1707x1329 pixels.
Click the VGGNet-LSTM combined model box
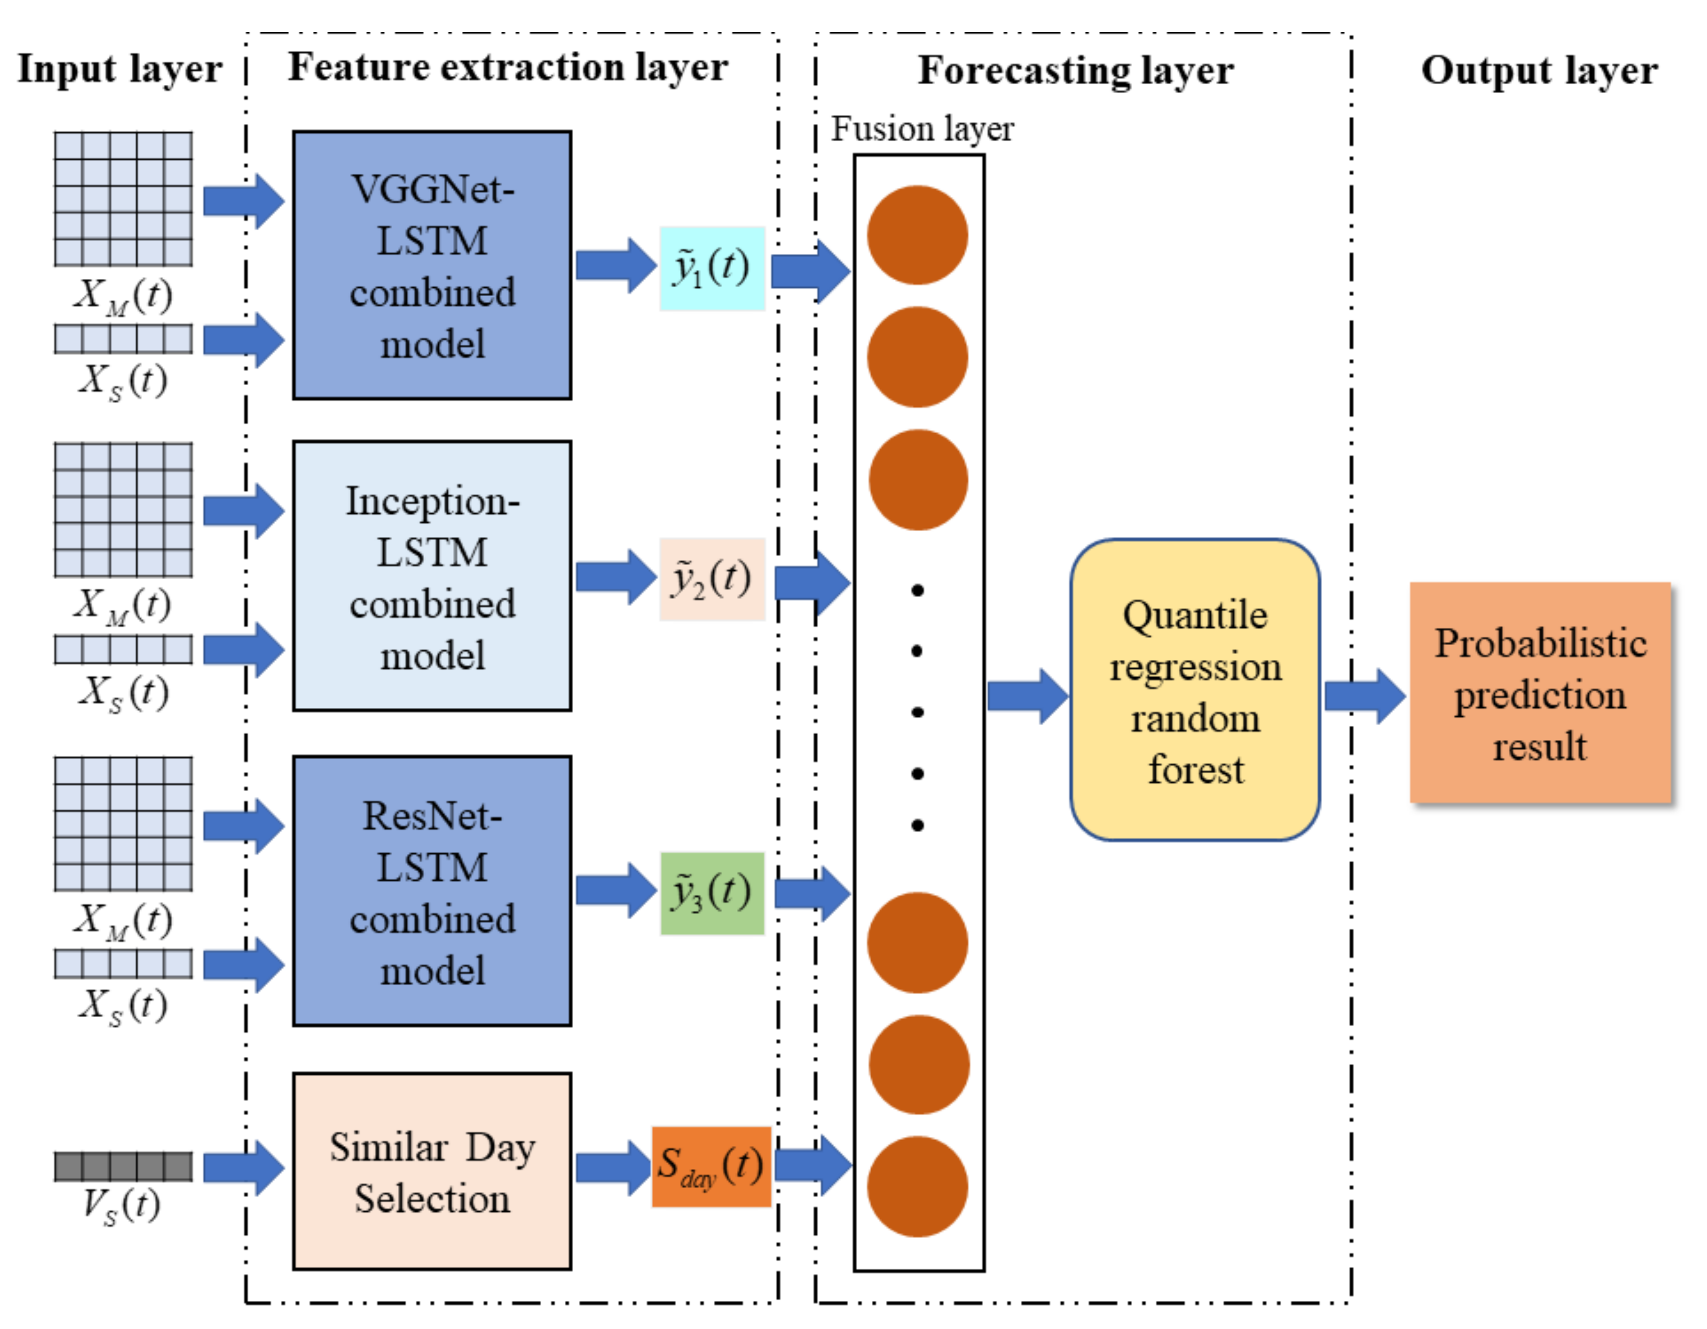pos(432,265)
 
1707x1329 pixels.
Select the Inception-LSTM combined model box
pos(432,576)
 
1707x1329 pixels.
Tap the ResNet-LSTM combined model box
pos(432,891)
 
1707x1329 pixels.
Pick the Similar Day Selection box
pos(432,1171)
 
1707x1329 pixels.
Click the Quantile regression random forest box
pos(1195,690)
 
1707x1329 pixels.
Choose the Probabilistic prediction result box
pos(1541,693)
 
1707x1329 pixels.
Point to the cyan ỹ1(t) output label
pos(712,268)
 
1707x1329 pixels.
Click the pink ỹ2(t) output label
pos(712,579)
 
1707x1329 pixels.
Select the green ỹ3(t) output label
pos(712,894)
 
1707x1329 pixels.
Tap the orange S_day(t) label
pos(711,1167)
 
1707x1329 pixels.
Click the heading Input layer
pos(120,70)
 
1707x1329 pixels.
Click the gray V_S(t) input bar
pos(123,1166)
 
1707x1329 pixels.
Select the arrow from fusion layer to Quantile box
pos(1028,696)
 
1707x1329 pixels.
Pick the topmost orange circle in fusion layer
pos(918,235)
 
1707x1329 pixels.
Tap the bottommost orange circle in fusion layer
pos(918,1187)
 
